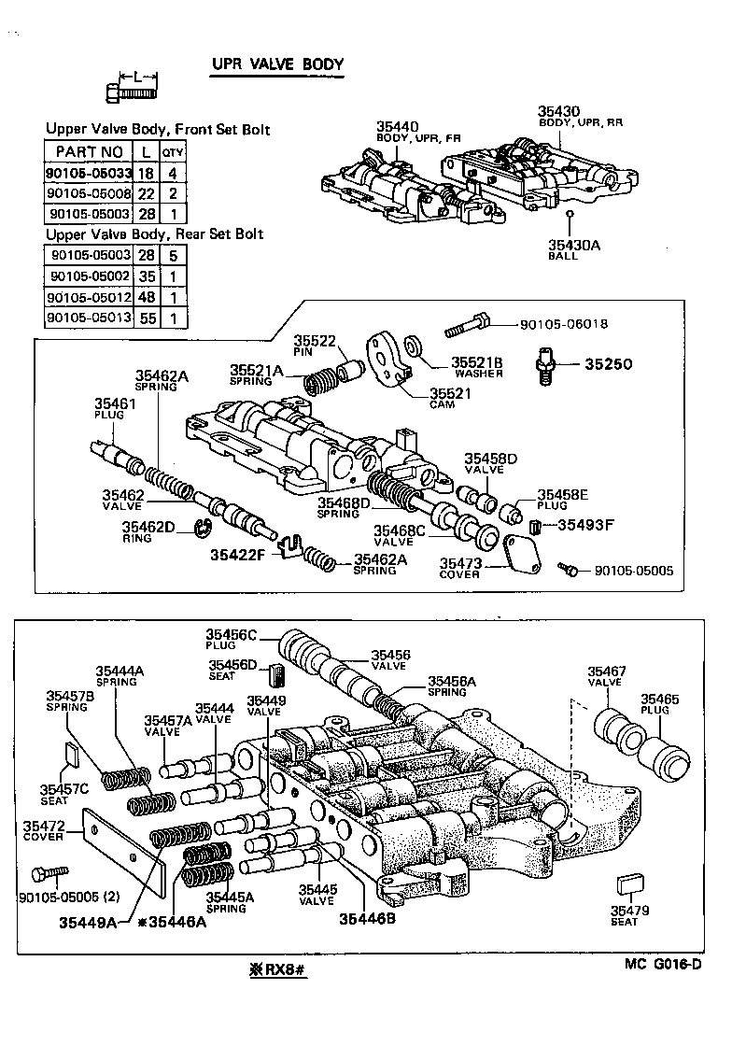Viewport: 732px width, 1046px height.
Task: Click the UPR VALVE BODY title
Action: [279, 64]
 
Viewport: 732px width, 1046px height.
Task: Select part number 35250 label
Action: [609, 363]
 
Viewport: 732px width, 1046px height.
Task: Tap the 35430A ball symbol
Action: [567, 214]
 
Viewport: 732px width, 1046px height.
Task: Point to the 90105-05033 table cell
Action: [88, 173]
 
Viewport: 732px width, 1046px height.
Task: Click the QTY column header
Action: [174, 152]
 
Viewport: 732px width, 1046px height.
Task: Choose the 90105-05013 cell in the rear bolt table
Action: [88, 318]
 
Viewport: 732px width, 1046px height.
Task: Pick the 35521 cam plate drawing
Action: [386, 358]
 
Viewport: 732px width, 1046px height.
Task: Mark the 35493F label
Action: [586, 525]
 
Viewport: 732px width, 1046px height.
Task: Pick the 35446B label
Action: [362, 919]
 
